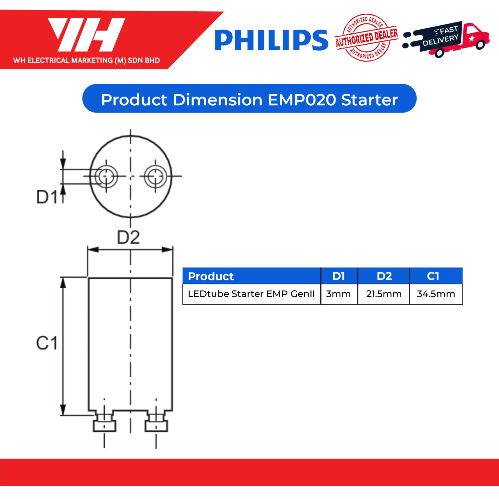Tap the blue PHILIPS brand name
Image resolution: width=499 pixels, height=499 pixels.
tap(271, 41)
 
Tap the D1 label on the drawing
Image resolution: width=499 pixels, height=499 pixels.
tap(47, 197)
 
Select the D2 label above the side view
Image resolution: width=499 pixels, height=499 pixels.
tap(128, 237)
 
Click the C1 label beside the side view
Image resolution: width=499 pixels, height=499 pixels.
tap(47, 343)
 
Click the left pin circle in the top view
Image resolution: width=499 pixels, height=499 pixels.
tap(106, 176)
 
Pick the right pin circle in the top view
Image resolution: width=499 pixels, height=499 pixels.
tap(155, 176)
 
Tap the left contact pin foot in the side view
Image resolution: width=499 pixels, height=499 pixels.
tap(104, 425)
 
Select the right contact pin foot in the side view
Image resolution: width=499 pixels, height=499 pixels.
tap(156, 425)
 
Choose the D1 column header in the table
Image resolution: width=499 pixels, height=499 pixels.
tap(339, 276)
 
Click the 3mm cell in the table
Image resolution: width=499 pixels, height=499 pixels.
tap(339, 294)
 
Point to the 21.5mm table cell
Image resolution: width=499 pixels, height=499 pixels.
tap(384, 294)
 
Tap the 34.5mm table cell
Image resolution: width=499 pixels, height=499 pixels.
tap(436, 294)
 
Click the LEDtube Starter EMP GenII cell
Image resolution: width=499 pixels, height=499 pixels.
tap(251, 294)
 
